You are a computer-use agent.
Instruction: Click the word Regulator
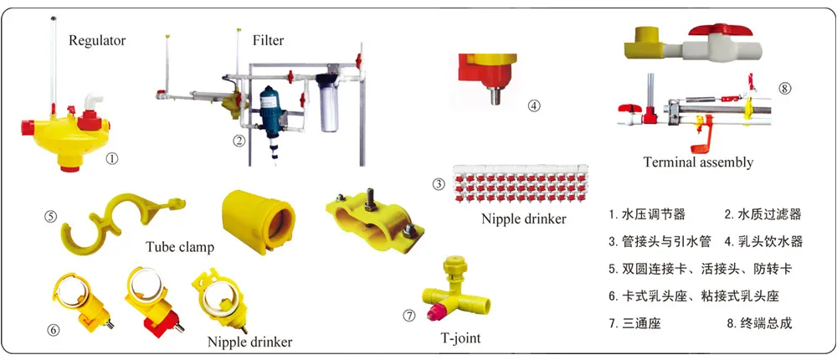click(97, 40)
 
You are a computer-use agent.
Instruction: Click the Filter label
click(268, 40)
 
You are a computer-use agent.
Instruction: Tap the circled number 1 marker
click(112, 157)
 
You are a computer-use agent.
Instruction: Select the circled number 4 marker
click(534, 105)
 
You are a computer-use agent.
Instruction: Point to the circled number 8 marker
click(784, 87)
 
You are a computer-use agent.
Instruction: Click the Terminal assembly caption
click(698, 162)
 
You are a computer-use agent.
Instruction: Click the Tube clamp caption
click(179, 247)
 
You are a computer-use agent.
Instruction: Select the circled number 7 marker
click(409, 316)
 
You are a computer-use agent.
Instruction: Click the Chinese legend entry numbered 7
click(635, 322)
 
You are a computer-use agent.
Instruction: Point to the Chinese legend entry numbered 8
click(759, 322)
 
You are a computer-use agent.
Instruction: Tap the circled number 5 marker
click(51, 215)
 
